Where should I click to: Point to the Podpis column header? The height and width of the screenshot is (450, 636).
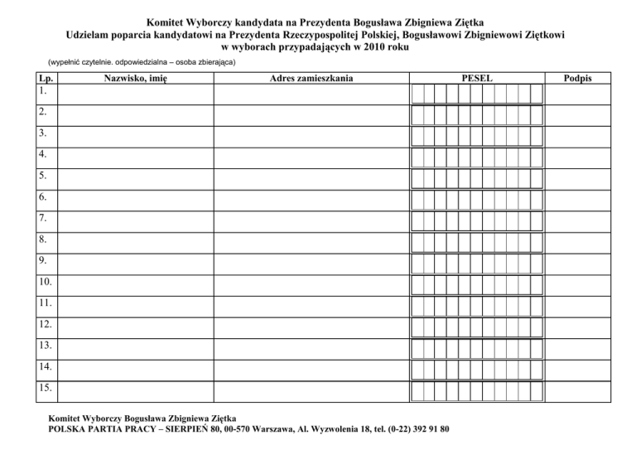pyautogui.click(x=576, y=77)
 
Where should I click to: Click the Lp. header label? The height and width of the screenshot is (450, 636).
pyautogui.click(x=44, y=77)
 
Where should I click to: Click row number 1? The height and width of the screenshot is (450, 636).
pyautogui.click(x=42, y=89)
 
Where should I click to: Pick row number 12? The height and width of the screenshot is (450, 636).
pyautogui.click(x=45, y=324)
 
